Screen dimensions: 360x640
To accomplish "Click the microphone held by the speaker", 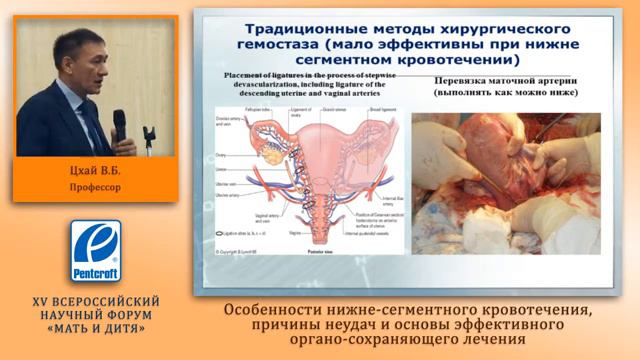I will click(x=119, y=125).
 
